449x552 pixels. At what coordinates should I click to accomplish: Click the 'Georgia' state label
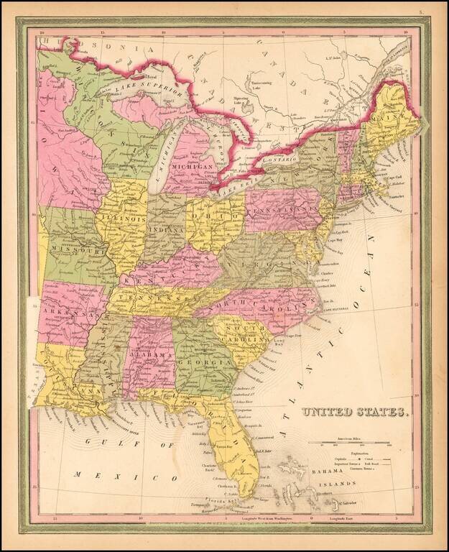(203, 364)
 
